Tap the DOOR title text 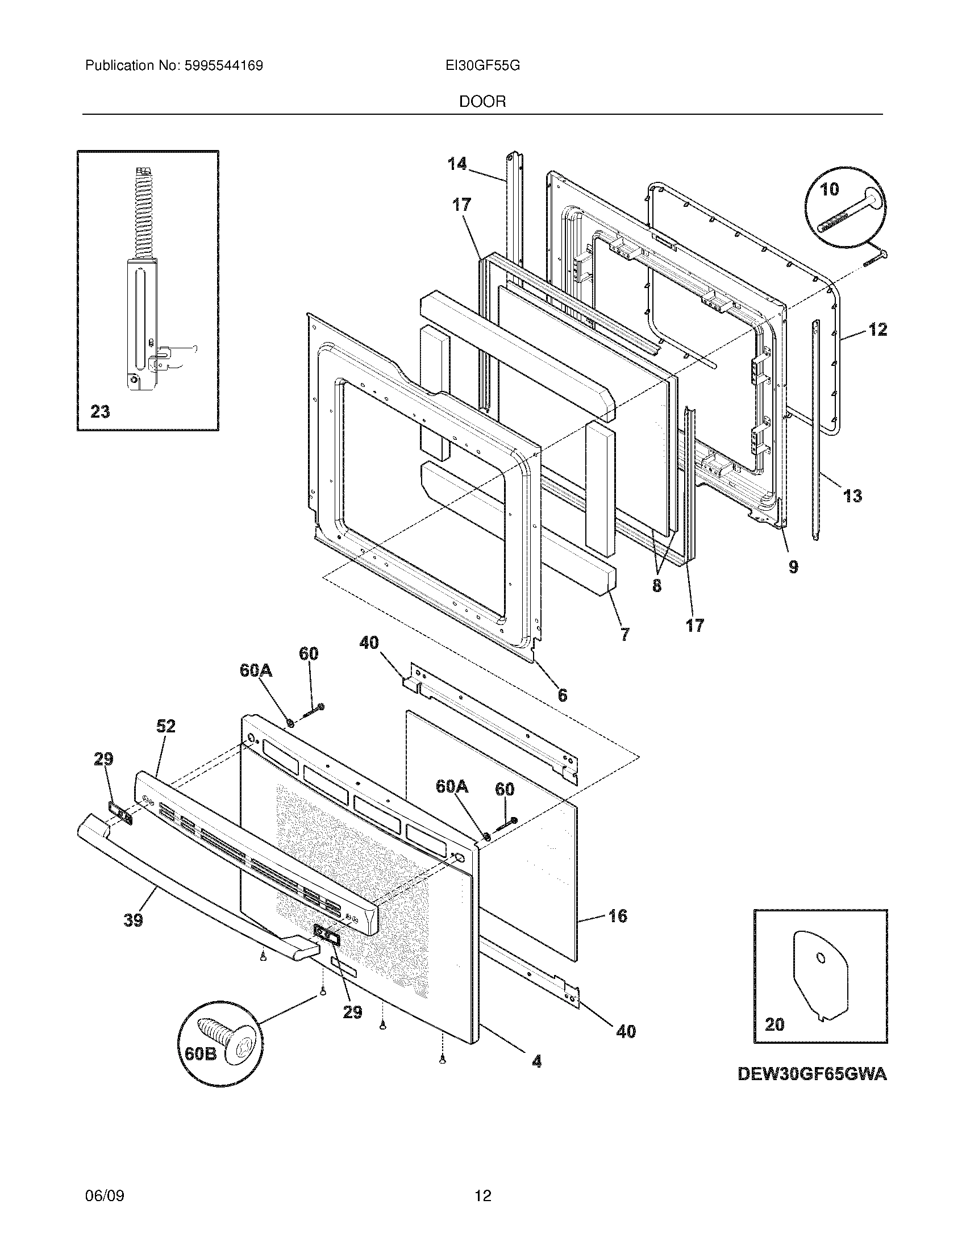(482, 102)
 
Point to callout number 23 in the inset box (100, 411)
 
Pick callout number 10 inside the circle (829, 189)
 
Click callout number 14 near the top (457, 164)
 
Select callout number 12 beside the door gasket (877, 330)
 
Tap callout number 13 (852, 495)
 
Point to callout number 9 (793, 567)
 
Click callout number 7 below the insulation (624, 634)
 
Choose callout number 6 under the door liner (563, 695)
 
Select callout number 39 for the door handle (134, 920)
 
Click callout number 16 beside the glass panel (618, 916)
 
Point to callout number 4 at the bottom (536, 1062)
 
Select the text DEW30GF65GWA (812, 1074)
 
